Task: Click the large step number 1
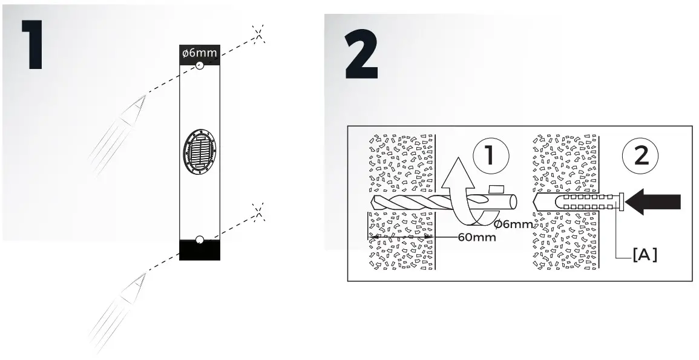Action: coord(31,44)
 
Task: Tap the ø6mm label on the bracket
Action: coord(199,54)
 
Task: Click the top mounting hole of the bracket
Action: coord(199,67)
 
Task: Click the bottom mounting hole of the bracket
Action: coord(200,239)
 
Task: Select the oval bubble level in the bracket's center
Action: coord(199,152)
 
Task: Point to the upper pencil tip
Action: coord(143,96)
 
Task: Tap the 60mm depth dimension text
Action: coord(476,237)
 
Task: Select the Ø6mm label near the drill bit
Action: coord(513,224)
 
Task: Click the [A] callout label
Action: coord(645,255)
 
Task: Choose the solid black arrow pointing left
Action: coord(654,202)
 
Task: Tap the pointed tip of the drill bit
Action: coord(370,202)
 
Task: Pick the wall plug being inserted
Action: coord(579,202)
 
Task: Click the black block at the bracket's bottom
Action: coord(200,250)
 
